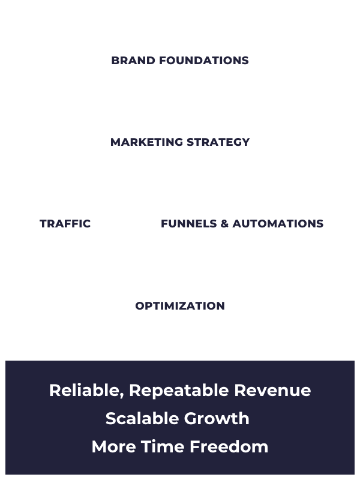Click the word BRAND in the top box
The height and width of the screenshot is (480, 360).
(130, 61)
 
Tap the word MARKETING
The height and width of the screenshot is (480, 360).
(146, 142)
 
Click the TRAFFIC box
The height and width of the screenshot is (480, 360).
(65, 224)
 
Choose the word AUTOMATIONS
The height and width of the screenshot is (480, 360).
(278, 224)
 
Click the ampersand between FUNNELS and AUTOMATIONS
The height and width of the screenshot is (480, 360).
(224, 224)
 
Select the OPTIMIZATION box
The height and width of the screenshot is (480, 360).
(180, 305)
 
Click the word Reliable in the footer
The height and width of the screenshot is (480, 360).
(86, 391)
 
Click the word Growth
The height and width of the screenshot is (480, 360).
(218, 419)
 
